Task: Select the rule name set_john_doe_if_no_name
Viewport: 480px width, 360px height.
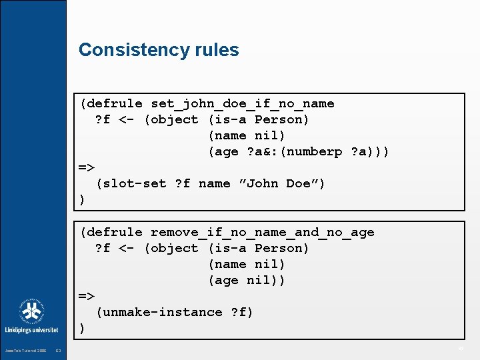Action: (242, 103)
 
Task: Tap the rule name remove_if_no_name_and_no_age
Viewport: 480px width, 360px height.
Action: (262, 232)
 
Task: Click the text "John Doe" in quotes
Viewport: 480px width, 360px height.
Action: (281, 183)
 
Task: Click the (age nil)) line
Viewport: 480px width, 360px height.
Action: (247, 280)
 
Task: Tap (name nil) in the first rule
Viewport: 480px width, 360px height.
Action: (247, 135)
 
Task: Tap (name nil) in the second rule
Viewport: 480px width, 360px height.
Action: (247, 264)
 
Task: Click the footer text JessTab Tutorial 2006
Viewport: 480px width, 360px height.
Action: (25, 350)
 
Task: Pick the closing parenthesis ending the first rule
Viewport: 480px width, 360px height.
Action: (82, 199)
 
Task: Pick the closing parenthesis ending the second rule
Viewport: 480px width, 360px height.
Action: (82, 328)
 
